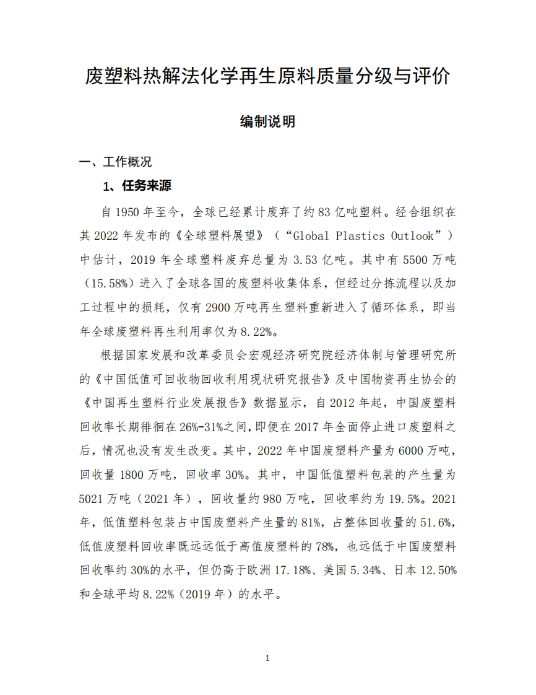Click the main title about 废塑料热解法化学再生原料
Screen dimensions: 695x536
coord(267,77)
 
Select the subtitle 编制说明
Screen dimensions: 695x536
coord(267,121)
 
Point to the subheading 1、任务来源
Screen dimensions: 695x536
coord(137,186)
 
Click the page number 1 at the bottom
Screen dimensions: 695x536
coord(267,658)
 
